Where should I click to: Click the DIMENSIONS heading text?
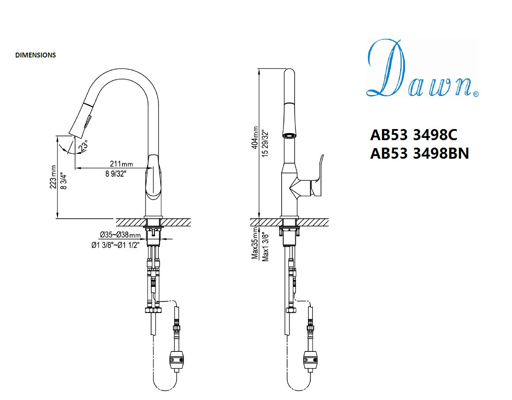(35, 55)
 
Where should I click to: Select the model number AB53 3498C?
(413, 134)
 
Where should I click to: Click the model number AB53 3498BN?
(419, 153)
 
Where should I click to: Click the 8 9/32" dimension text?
(116, 174)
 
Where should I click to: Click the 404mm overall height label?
(256, 137)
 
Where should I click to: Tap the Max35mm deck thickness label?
(255, 244)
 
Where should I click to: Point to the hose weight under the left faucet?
(176, 359)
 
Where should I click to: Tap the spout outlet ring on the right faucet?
(289, 135)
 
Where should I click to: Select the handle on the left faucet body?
(153, 177)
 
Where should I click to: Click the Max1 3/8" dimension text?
(265, 246)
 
